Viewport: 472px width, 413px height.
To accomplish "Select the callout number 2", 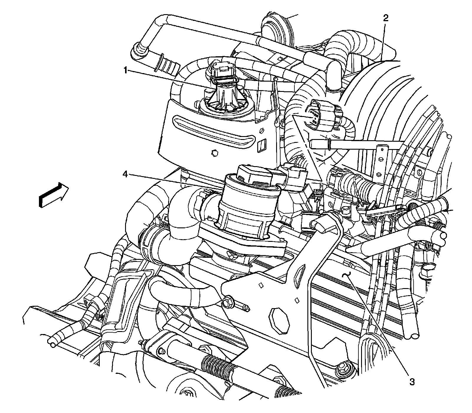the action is click(386, 18).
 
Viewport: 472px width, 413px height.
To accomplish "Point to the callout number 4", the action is click(125, 175).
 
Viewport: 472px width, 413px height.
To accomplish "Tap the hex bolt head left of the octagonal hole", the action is click(228, 303).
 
